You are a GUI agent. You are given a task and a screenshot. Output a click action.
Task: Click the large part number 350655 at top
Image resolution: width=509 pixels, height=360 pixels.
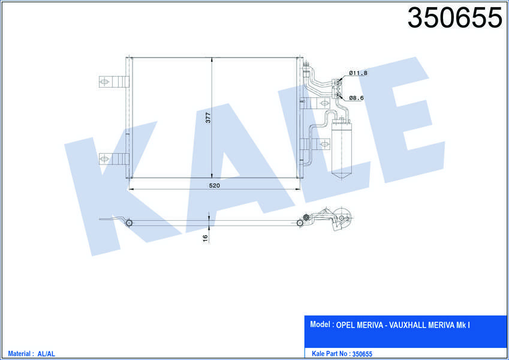pos(454,17)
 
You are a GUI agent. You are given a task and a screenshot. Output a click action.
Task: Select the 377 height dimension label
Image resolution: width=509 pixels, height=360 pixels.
pos(208,117)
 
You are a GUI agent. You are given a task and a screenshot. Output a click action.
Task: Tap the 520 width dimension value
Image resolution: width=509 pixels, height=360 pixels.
pos(214,185)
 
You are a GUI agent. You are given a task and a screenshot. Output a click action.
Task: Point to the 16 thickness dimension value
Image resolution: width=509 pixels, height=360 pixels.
pos(205,238)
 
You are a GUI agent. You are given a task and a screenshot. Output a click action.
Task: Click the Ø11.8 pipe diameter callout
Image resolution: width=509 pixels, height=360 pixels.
pos(358,73)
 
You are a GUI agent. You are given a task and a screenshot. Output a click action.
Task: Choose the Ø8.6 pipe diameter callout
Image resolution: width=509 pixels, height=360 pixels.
pos(357,98)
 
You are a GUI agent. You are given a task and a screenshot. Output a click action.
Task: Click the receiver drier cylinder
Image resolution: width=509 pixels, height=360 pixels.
pos(342,149)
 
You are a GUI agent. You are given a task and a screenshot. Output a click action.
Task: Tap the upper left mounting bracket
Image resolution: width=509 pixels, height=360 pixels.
pos(114,82)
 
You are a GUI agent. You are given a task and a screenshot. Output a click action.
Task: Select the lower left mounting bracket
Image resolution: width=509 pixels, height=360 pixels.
pos(114,159)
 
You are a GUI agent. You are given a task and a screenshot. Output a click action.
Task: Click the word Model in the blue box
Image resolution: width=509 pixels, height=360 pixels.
pos(320,324)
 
